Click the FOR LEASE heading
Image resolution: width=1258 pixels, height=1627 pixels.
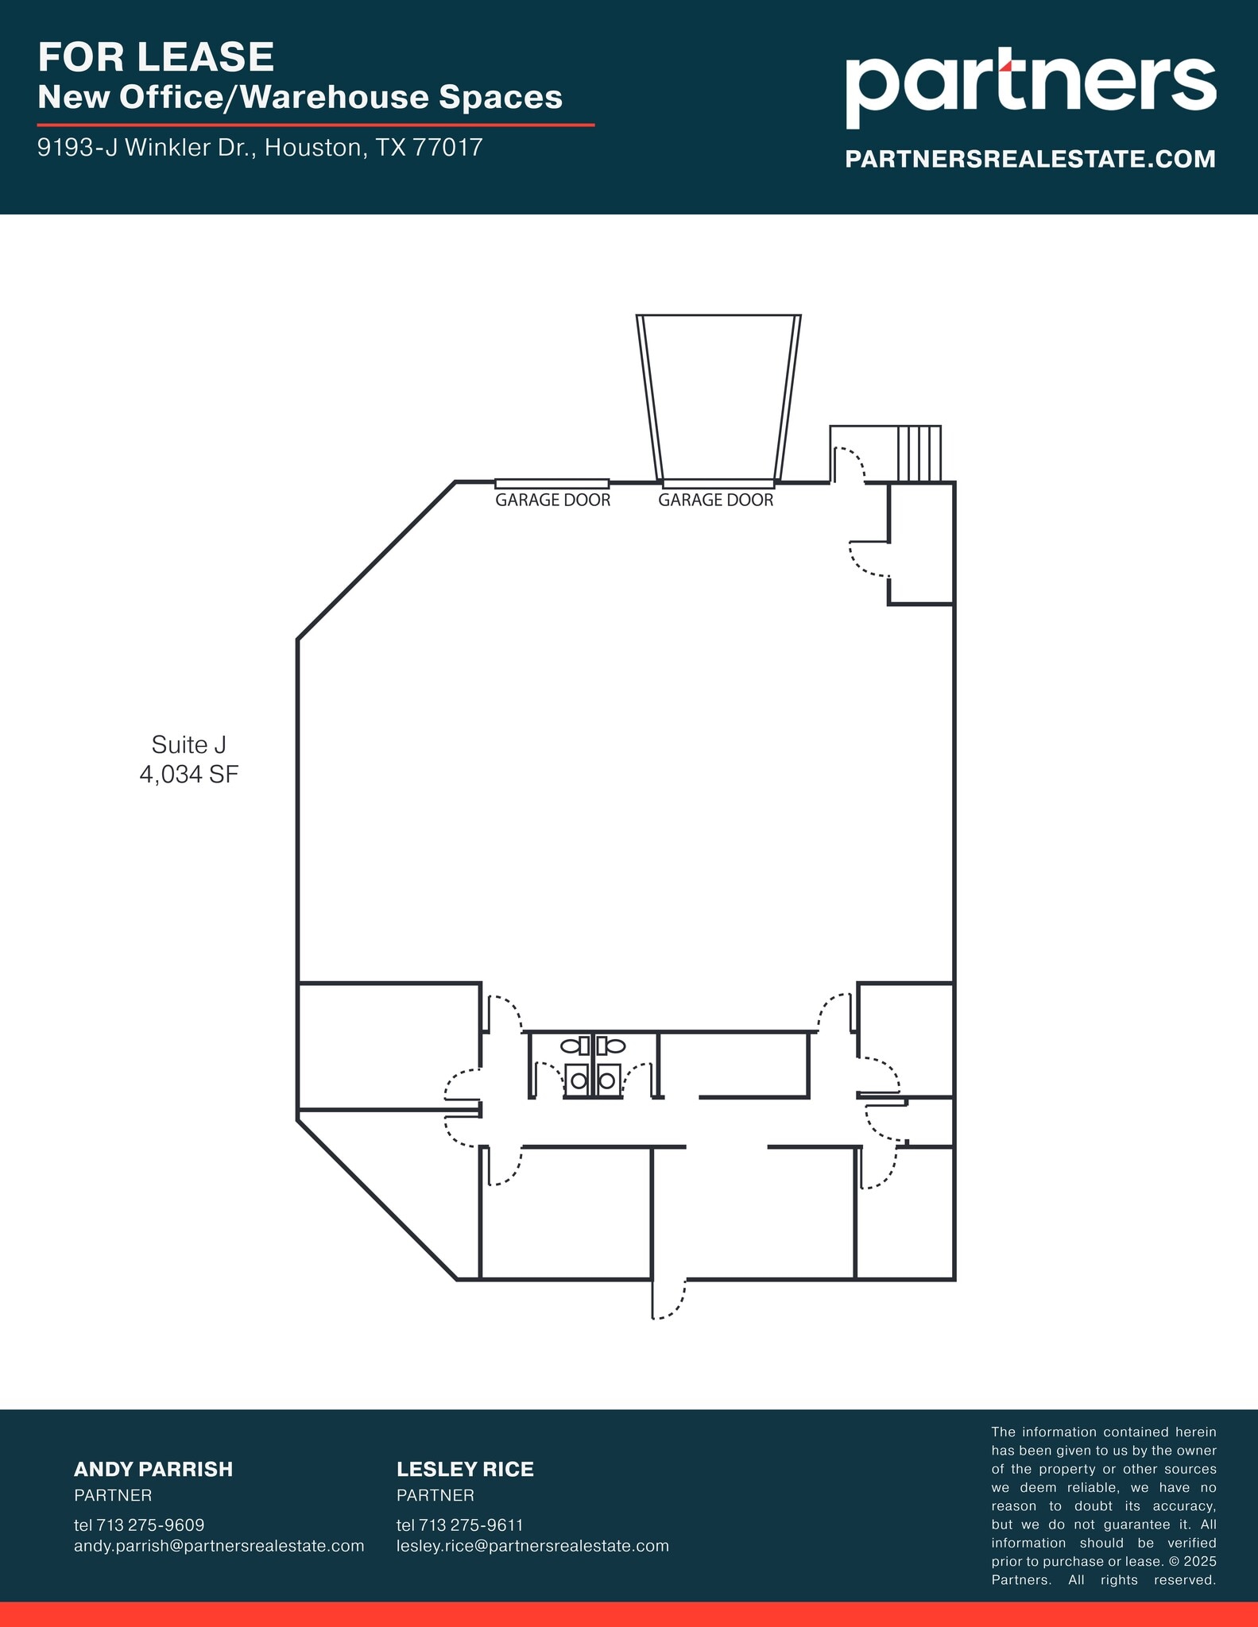coord(156,57)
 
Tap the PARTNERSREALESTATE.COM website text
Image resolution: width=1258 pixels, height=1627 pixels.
coord(1030,159)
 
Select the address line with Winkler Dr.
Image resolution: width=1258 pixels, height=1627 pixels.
coord(260,148)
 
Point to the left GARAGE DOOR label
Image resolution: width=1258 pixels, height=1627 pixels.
coord(552,500)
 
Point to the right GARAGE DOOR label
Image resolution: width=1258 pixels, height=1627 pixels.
coord(715,500)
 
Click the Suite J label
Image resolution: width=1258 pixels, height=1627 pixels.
coord(189,744)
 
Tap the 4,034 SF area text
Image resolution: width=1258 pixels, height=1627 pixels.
coord(189,775)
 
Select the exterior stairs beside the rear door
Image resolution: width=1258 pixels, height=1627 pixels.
coord(919,454)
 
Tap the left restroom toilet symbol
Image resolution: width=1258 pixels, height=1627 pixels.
coord(571,1045)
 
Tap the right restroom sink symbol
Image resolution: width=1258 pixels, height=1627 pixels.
coord(607,1080)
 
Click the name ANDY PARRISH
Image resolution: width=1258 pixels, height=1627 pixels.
coord(153,1469)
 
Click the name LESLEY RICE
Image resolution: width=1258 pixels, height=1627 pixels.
coord(465,1469)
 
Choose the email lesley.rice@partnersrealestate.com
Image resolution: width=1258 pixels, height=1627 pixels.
coord(532,1546)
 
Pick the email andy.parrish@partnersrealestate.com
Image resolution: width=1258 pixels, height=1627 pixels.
coord(219,1546)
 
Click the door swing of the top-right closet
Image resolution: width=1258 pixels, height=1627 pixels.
coord(868,559)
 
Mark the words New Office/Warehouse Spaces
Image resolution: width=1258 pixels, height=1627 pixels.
coord(300,98)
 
